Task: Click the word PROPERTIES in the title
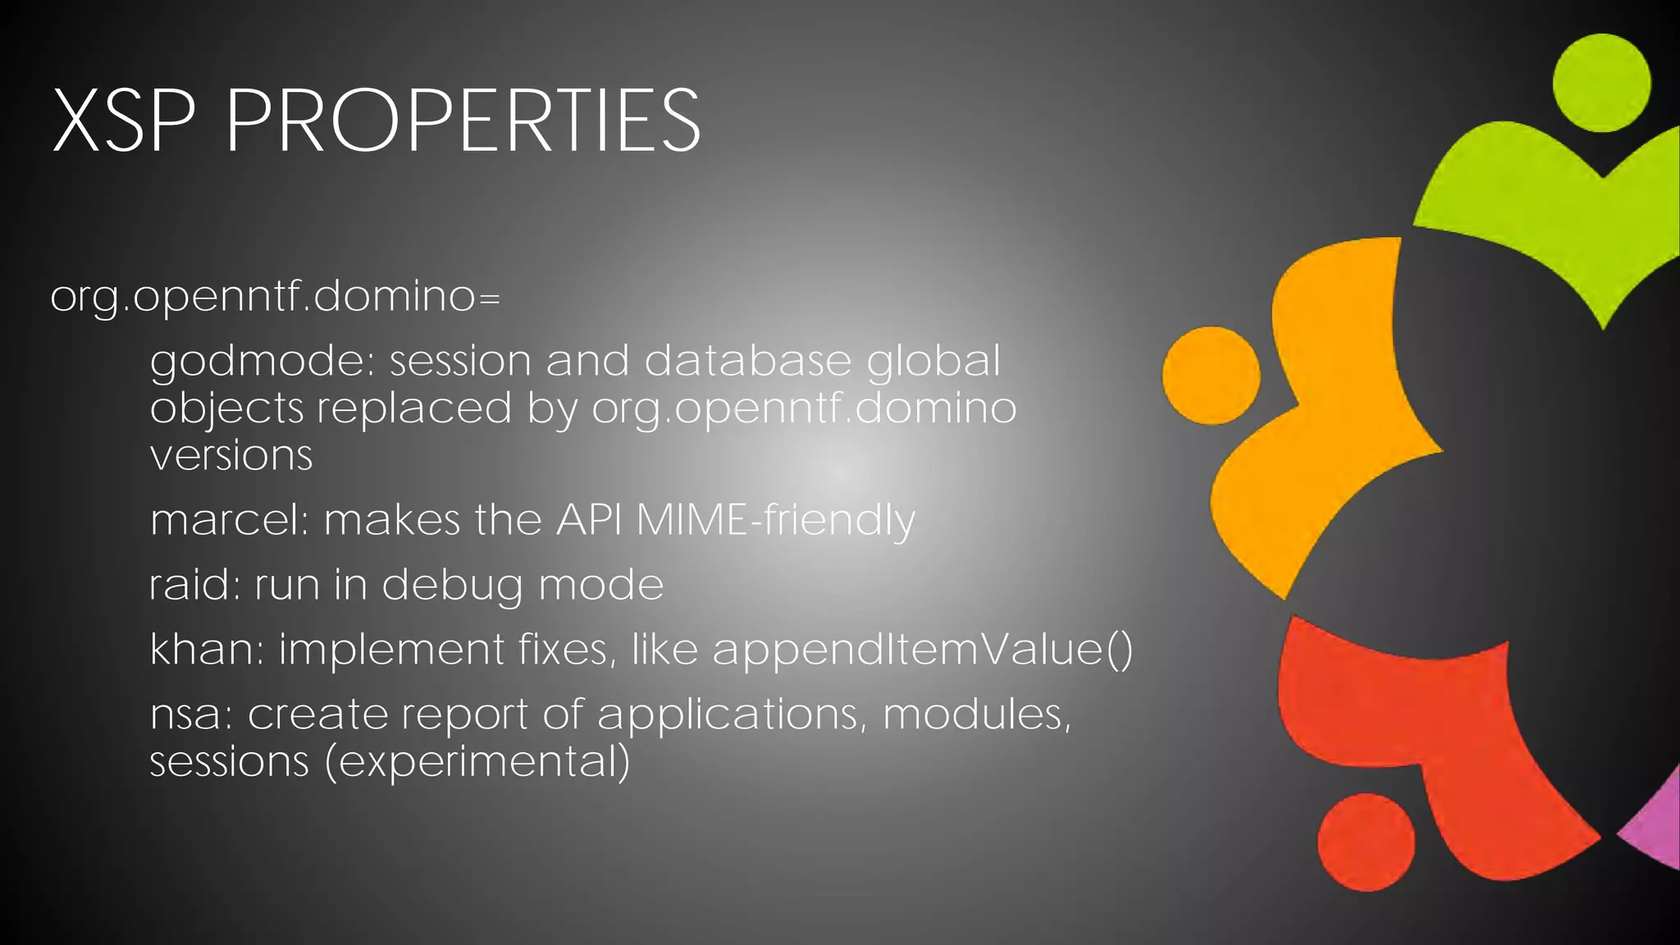pos(463,121)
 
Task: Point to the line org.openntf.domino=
pos(275,297)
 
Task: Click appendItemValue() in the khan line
pos(922,651)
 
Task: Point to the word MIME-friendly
pos(775,521)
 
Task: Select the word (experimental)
pos(477,762)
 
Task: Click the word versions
pos(231,456)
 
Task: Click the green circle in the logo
pos(1601,83)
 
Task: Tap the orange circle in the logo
pos(1211,376)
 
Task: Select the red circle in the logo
pos(1367,842)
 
